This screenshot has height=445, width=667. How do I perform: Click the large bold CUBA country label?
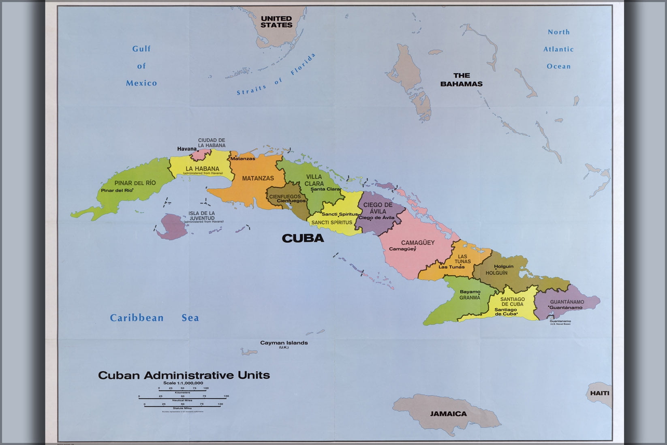[x=303, y=238]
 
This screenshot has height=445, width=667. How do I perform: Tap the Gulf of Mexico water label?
[x=141, y=66]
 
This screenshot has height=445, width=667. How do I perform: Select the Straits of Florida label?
[x=276, y=75]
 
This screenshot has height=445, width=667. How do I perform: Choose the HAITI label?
[x=599, y=393]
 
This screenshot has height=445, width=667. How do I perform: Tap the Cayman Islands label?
[x=284, y=343]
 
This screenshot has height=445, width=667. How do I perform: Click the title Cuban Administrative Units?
[x=184, y=375]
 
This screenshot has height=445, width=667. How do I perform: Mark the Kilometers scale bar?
[x=182, y=390]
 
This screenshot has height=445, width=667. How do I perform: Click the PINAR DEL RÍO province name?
[x=135, y=183]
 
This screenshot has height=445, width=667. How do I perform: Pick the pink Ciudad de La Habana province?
[x=201, y=154]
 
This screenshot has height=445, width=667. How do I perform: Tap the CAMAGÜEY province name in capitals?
[x=417, y=243]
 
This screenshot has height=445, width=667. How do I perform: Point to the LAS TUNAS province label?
[x=462, y=259]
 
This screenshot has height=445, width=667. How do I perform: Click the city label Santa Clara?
[x=325, y=189]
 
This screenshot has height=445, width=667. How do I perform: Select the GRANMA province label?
[x=469, y=297]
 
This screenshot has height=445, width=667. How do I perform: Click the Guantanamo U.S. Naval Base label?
[x=560, y=322]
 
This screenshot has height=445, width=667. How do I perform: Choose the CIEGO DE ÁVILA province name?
[x=377, y=208]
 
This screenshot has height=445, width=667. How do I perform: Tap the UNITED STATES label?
[x=276, y=21]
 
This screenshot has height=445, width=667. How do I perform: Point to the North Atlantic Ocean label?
[x=558, y=49]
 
